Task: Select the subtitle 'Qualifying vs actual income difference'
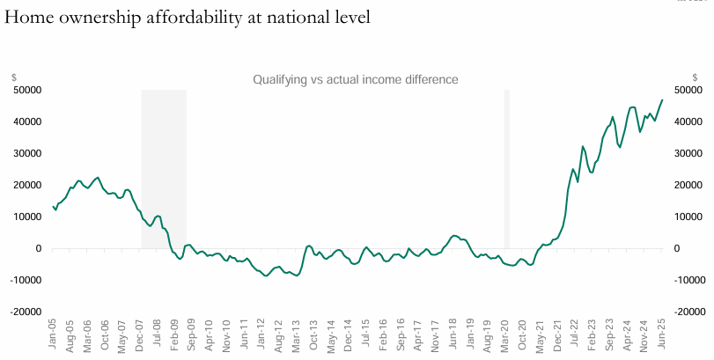(356, 79)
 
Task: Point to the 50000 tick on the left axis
(26, 90)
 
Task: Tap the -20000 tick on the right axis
(687, 312)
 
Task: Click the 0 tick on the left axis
(39, 248)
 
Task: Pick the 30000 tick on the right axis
(687, 153)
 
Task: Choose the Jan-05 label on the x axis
(53, 333)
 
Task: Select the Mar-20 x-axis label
(506, 333)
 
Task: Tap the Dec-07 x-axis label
(141, 333)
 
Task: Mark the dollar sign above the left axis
(14, 77)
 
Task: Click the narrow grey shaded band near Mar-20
(506, 167)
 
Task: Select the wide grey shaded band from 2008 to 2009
(164, 167)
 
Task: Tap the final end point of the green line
(662, 99)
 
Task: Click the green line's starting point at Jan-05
(53, 205)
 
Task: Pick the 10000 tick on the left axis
(26, 217)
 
